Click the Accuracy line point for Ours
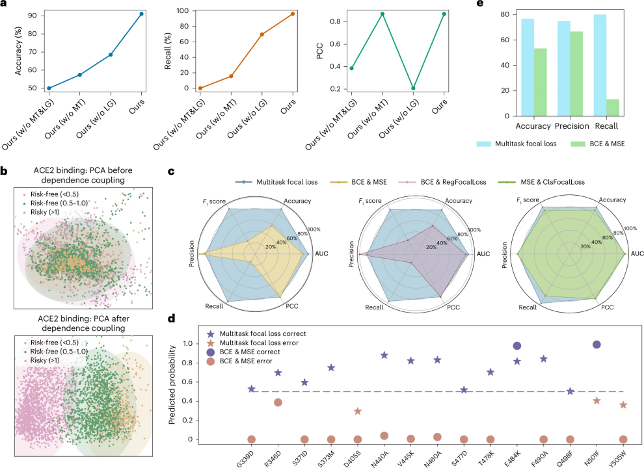coord(141,13)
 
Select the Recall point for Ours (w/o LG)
coord(262,34)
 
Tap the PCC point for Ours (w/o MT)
coord(382,14)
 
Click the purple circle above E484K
coord(517,346)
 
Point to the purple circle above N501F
coord(597,344)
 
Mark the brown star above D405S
coord(358,411)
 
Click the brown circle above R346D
coord(278,402)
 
